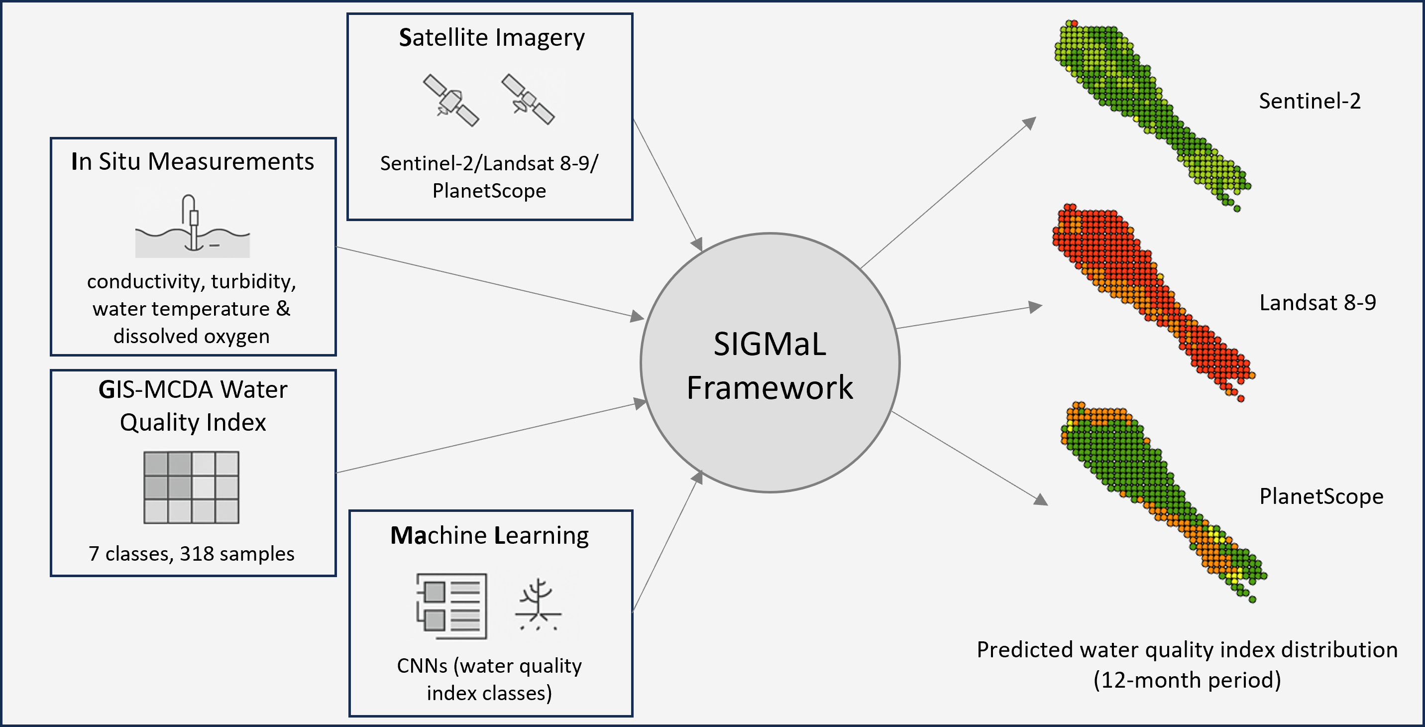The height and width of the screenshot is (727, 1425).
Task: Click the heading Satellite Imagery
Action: coord(491,38)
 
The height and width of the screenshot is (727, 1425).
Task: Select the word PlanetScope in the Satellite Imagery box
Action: coord(489,191)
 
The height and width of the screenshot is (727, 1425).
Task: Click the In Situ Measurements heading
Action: coord(193,161)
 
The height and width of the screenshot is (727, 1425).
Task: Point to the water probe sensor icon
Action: coord(193,226)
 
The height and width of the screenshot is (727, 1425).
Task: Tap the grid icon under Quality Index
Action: coord(192,487)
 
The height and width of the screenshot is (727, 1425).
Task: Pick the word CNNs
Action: coord(422,666)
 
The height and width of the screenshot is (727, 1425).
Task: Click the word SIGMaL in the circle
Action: coord(769,344)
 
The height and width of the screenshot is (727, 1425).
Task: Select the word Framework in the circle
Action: coord(769,387)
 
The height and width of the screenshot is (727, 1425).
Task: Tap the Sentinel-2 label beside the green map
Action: coord(1310,101)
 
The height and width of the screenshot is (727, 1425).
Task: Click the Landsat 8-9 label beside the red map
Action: coord(1317,303)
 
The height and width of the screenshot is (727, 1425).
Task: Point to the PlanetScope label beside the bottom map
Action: coord(1321,497)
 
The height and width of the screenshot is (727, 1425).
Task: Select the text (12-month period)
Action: coord(1187,680)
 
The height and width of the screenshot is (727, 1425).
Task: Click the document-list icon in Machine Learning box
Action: coord(452,606)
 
